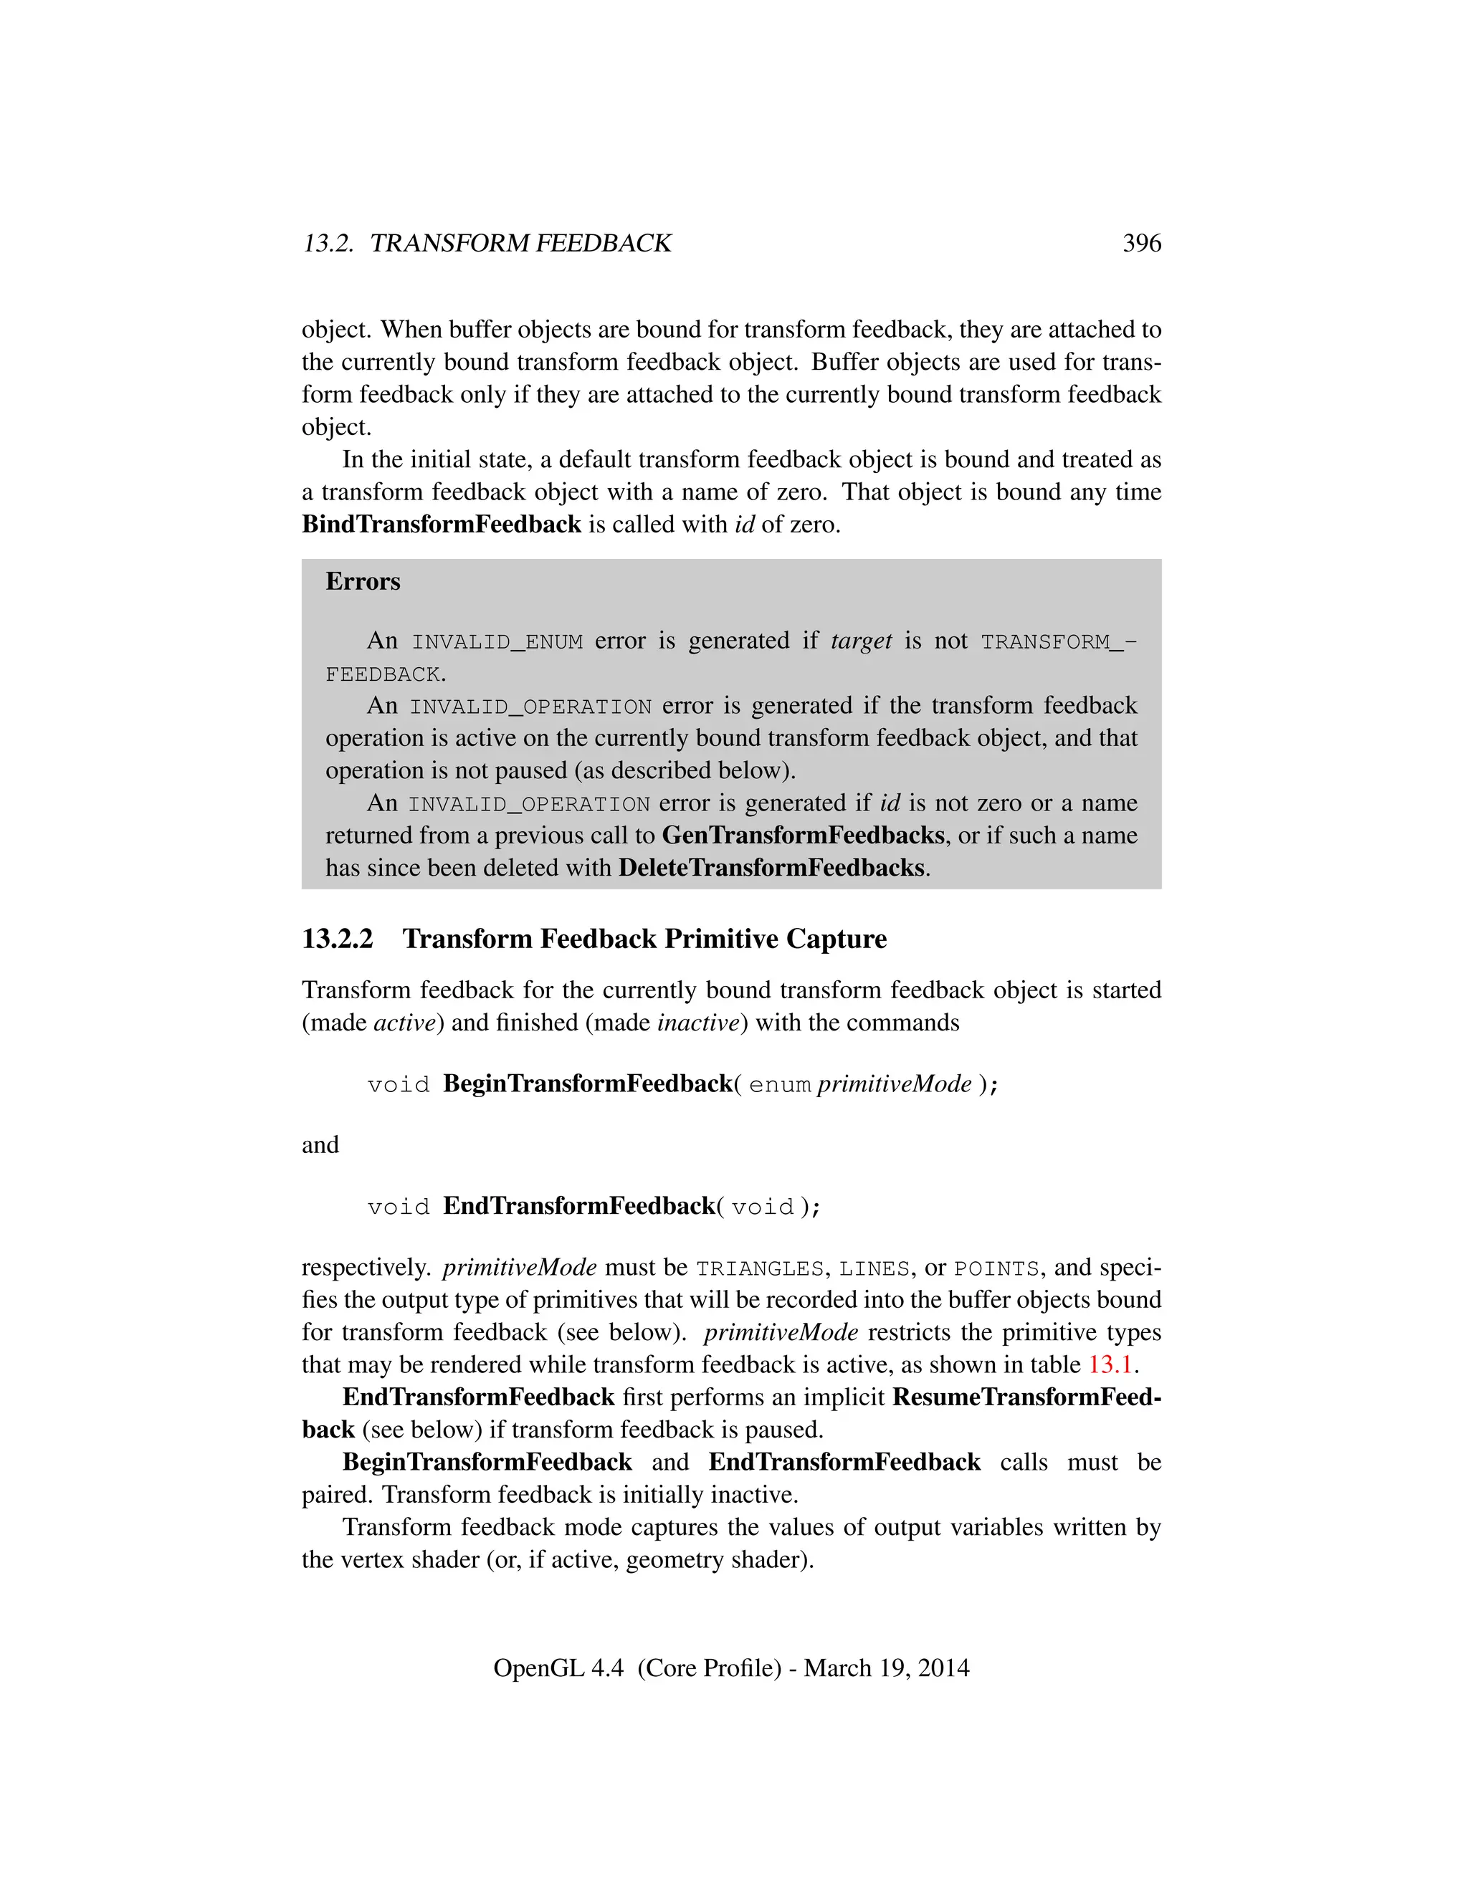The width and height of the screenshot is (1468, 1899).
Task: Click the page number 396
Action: (x=1141, y=244)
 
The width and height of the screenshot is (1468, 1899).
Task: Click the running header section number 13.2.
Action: (x=328, y=244)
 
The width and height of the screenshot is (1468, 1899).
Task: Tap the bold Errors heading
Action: (x=363, y=581)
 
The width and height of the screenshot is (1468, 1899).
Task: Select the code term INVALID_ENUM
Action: (x=497, y=641)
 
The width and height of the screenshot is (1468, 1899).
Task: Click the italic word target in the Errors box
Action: (x=861, y=641)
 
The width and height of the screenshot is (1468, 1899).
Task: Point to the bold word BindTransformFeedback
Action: (x=441, y=525)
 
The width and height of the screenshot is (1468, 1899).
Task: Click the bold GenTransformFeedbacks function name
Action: (x=803, y=836)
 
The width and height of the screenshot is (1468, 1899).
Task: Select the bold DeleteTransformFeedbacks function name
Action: (x=771, y=868)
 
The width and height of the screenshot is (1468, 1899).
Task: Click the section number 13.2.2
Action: (x=338, y=939)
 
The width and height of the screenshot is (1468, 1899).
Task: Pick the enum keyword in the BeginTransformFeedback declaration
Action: (x=779, y=1085)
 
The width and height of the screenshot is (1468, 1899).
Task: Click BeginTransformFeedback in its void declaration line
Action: (x=588, y=1084)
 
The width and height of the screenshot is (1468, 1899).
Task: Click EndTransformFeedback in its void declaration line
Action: (x=578, y=1206)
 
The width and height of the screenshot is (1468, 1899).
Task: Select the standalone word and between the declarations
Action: (x=320, y=1145)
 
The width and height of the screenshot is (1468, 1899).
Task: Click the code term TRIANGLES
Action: (x=759, y=1268)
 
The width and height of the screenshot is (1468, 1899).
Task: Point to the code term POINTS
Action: (x=996, y=1268)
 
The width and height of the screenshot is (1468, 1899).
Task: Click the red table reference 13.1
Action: (x=1110, y=1364)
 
